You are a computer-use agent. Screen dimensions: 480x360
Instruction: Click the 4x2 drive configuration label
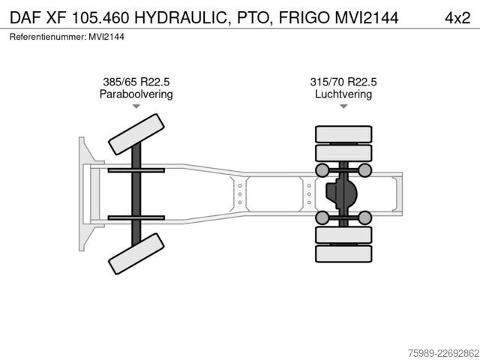click(457, 18)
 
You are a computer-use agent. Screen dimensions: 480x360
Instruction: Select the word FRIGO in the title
click(304, 18)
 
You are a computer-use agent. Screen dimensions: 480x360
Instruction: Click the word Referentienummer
click(46, 37)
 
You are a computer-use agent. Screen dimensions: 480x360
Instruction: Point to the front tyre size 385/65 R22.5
click(136, 82)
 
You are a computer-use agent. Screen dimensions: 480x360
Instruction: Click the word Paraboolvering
click(136, 94)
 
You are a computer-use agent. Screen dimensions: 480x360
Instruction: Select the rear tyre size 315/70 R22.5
click(343, 82)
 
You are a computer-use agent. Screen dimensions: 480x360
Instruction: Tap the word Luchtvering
click(343, 94)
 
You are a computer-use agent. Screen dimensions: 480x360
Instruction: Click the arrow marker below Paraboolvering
click(136, 106)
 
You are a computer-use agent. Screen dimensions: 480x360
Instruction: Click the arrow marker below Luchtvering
click(343, 106)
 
